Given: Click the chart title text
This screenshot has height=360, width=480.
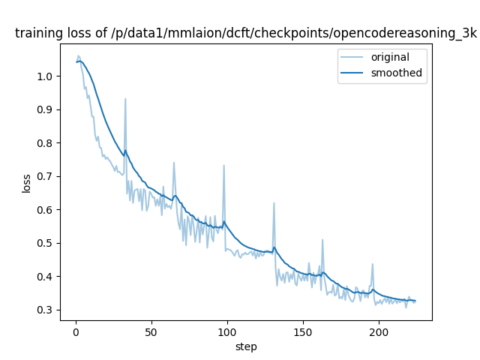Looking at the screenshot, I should [246, 33].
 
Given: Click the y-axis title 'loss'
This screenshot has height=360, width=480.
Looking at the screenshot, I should [26, 182].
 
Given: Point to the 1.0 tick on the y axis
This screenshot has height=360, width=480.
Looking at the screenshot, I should [45, 76].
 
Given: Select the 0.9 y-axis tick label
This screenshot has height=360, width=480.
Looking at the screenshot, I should [45, 109].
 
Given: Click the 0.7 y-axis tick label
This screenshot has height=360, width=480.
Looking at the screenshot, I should [45, 176].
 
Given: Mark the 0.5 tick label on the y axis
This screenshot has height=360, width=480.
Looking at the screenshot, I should [45, 243].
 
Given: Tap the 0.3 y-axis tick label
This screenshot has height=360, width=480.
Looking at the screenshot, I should [45, 310].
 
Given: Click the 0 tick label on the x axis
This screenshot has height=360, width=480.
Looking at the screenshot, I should [76, 332].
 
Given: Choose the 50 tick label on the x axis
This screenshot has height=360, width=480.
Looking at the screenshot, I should [151, 332].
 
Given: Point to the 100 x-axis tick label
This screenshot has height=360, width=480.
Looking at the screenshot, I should [227, 332].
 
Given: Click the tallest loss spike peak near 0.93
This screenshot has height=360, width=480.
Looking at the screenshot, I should [125, 99].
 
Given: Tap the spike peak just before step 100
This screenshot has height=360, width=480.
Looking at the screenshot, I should [223, 166].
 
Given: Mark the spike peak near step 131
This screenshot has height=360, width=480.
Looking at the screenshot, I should [274, 203].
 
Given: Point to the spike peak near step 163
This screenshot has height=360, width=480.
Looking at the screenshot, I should [322, 240].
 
